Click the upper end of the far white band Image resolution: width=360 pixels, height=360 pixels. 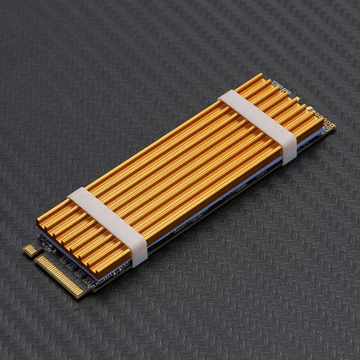coord(225,96)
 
